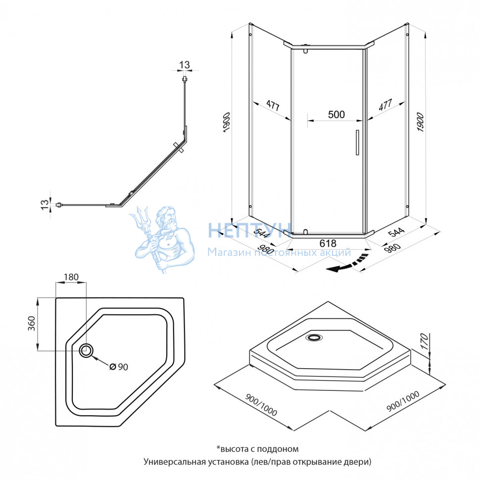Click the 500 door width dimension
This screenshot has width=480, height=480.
[x=336, y=114]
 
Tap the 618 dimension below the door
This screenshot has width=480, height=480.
[x=328, y=243]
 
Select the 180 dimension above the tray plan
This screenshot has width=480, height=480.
[x=71, y=277]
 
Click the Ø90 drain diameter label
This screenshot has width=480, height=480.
[x=118, y=367]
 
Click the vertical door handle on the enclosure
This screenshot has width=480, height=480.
[x=356, y=143]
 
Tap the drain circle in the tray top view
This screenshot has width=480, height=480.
[x=87, y=350]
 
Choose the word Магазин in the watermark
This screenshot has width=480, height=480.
[x=225, y=253]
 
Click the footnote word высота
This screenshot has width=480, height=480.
[x=235, y=449]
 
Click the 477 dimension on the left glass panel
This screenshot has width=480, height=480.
[x=272, y=106]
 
